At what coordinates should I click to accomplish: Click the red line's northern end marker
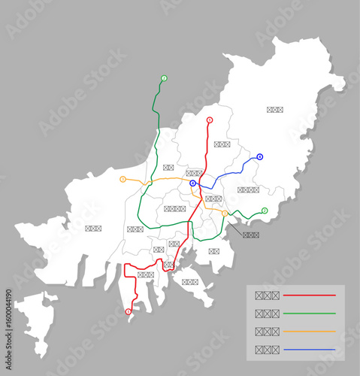(x=209, y=120)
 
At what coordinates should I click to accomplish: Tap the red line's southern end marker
(x=128, y=311)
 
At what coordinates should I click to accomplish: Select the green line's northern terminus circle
(x=164, y=78)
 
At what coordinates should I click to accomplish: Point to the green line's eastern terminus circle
(x=265, y=211)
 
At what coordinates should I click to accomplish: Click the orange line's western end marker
(x=123, y=179)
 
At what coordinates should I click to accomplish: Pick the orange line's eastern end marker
(x=224, y=214)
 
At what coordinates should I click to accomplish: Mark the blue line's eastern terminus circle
(x=259, y=157)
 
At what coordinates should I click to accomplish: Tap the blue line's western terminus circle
(x=193, y=183)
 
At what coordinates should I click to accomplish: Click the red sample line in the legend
(x=309, y=296)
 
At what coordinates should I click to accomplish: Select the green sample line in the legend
(x=309, y=313)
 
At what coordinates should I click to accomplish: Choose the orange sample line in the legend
(x=309, y=331)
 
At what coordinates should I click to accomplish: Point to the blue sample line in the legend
(x=309, y=349)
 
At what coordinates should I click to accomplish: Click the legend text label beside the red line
(x=267, y=296)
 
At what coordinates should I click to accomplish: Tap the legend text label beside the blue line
(x=267, y=349)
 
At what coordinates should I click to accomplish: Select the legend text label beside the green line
(x=267, y=313)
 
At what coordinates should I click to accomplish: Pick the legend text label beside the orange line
(x=267, y=331)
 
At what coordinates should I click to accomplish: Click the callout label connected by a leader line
(x=251, y=235)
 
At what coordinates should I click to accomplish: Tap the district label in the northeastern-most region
(x=275, y=110)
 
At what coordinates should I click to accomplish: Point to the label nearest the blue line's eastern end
(x=248, y=190)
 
